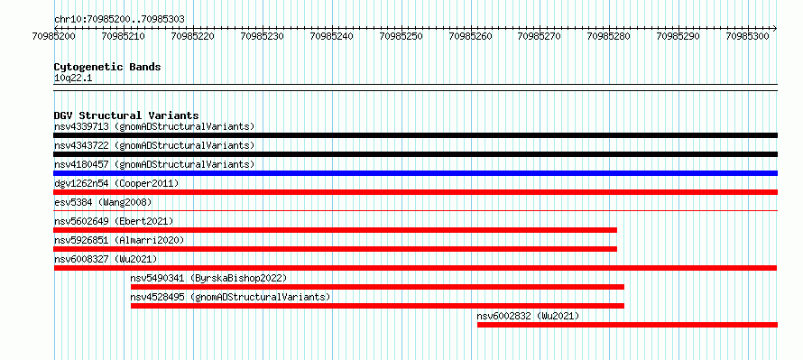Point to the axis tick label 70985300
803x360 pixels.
click(747, 36)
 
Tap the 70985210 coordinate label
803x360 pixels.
click(124, 36)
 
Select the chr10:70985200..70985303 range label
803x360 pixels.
click(119, 20)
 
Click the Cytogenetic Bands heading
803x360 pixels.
click(107, 67)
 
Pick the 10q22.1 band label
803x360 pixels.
click(73, 78)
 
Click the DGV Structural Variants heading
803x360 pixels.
click(126, 115)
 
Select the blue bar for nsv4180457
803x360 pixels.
click(415, 173)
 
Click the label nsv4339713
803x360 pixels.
click(81, 126)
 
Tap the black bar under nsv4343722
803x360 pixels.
click(415, 154)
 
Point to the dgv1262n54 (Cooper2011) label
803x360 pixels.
click(116, 183)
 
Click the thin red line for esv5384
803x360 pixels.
click(415, 210)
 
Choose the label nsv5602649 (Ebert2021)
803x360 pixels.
click(114, 221)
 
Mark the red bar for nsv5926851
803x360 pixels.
click(336, 249)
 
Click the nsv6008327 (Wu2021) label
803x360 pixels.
click(106, 259)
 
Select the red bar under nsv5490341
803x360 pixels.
click(377, 287)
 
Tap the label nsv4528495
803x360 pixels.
click(157, 297)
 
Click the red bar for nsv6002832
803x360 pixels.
click(627, 325)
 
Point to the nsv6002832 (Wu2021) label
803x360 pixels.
click(528, 316)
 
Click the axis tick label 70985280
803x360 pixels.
click(609, 36)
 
